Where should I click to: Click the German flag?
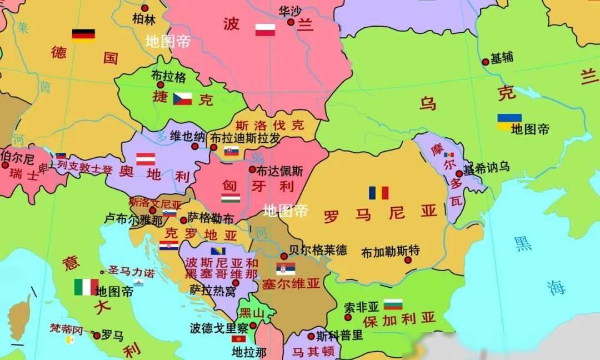click(x=83, y=34)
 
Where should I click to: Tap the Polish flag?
click(x=265, y=30)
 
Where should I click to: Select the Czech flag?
click(x=182, y=99)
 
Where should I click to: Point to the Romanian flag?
click(x=378, y=193)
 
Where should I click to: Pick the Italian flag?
click(x=86, y=287)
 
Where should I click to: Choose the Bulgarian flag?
click(x=393, y=304)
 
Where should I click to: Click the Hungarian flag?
click(x=231, y=198)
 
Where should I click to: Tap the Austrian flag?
click(x=146, y=158)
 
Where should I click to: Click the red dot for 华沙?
click(x=291, y=22)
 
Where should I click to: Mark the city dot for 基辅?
click(x=485, y=61)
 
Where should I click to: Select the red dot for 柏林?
click(x=144, y=8)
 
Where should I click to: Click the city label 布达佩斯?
click(x=281, y=170)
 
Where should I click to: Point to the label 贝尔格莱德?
click(x=318, y=249)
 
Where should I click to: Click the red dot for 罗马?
click(x=97, y=336)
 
